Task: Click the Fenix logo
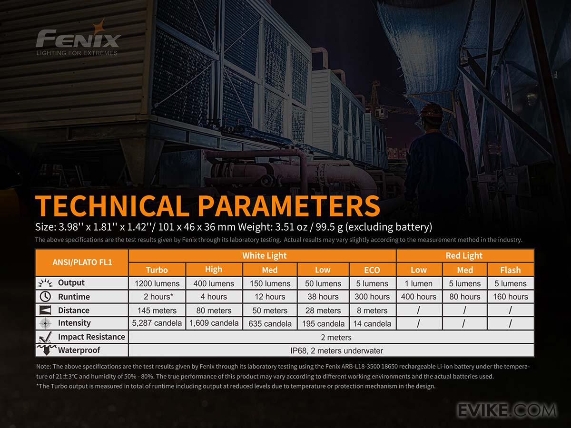78,38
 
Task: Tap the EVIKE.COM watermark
507,410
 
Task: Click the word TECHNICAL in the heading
112,205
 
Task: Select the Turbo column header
157,270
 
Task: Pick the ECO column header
372,270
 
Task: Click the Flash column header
511,270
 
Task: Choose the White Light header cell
264,255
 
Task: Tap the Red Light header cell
464,255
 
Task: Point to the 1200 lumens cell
157,283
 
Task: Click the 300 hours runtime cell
372,296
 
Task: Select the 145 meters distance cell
157,310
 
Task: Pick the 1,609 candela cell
214,323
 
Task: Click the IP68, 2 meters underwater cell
336,350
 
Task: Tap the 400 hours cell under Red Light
419,296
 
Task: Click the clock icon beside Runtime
45,296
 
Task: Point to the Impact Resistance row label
91,337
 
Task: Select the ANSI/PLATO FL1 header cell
82,262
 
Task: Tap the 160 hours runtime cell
511,296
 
